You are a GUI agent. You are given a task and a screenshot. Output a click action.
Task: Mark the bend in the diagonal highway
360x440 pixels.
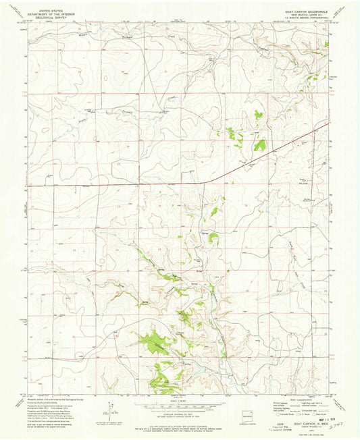tap(207, 181)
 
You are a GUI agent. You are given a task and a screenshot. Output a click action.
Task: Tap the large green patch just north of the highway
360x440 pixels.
tap(259, 144)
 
